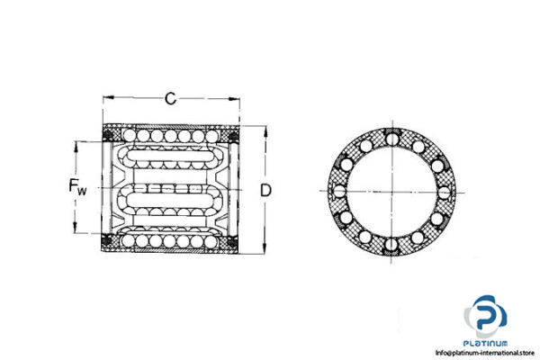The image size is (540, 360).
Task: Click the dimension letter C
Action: click(170, 98)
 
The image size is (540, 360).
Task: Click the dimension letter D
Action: click(265, 190)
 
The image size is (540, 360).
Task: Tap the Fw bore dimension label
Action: click(78, 188)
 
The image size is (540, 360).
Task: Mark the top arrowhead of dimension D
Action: click(265, 129)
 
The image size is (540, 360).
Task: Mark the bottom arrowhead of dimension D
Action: click(265, 251)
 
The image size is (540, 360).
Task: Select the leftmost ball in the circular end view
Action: click(337, 191)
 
